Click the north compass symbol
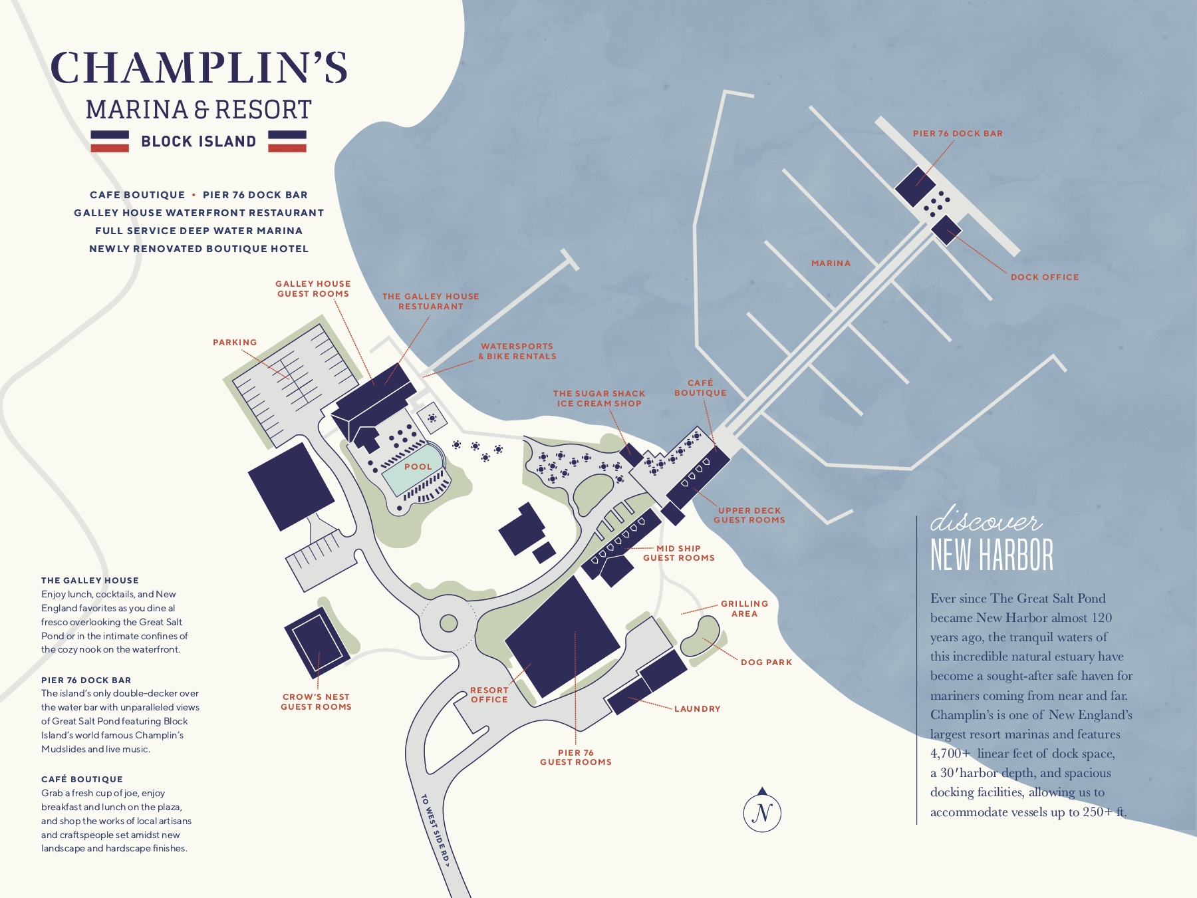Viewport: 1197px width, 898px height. pyautogui.click(x=762, y=812)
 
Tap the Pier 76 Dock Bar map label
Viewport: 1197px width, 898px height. pyautogui.click(x=958, y=134)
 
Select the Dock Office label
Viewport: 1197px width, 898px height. pyautogui.click(x=1045, y=277)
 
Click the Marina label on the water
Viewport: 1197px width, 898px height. pyautogui.click(x=831, y=263)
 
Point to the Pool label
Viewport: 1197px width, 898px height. pyautogui.click(x=418, y=467)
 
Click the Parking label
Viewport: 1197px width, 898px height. pyautogui.click(x=235, y=343)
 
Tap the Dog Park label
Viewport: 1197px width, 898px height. pyautogui.click(x=766, y=663)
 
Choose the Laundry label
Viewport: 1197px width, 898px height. pyautogui.click(x=697, y=709)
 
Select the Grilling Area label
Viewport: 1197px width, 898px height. pyautogui.click(x=744, y=609)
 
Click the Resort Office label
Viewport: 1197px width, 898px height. pyautogui.click(x=489, y=695)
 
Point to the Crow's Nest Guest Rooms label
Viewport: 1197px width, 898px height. pyautogui.click(x=316, y=702)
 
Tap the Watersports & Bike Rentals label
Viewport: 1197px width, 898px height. pyautogui.click(x=517, y=351)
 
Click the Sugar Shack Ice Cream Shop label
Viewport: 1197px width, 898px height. pyautogui.click(x=599, y=398)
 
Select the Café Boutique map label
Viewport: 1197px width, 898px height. pyautogui.click(x=700, y=388)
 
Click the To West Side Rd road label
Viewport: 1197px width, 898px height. pyautogui.click(x=436, y=831)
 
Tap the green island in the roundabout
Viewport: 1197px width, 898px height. pyautogui.click(x=449, y=623)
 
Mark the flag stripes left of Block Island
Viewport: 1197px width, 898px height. pyautogui.click(x=110, y=141)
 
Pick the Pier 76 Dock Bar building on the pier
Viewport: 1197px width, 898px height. pyautogui.click(x=915, y=186)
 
